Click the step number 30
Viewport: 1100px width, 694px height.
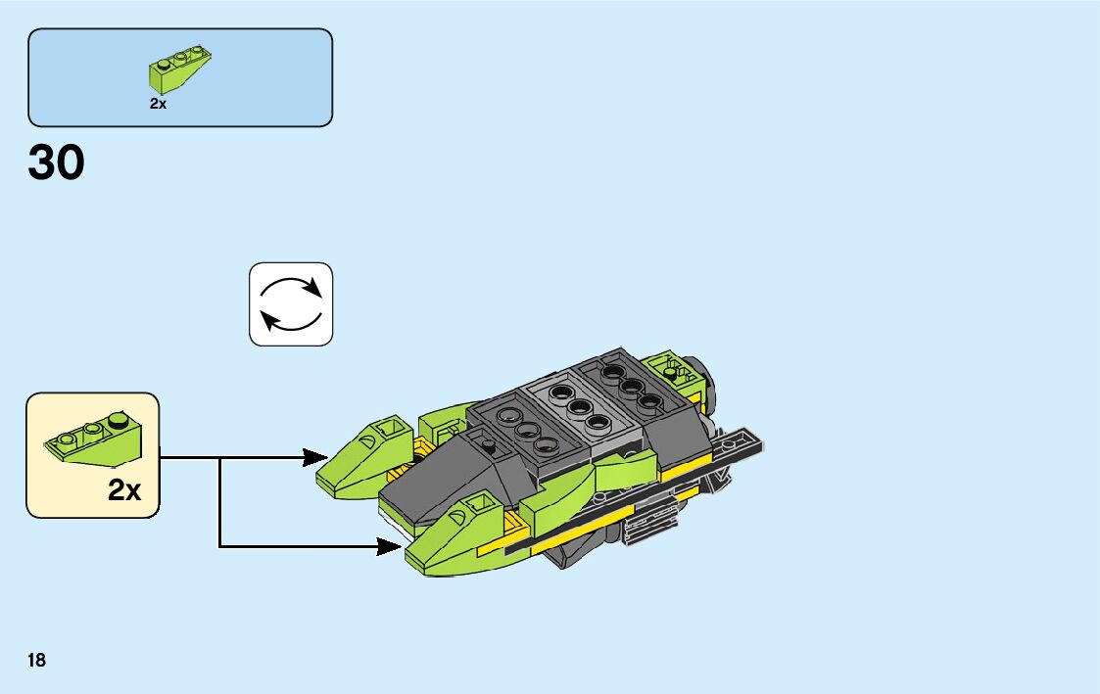click(x=57, y=163)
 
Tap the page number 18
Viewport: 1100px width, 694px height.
click(x=37, y=661)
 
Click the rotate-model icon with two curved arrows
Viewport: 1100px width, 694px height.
click(x=291, y=303)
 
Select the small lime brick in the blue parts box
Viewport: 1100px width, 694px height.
click(x=179, y=68)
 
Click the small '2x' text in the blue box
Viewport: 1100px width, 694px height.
click(x=159, y=103)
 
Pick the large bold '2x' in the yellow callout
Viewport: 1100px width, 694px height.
click(x=124, y=490)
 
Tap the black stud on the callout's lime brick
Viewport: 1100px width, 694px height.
click(x=119, y=421)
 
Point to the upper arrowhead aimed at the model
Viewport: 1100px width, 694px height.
click(x=315, y=457)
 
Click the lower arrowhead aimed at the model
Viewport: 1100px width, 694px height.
click(x=389, y=546)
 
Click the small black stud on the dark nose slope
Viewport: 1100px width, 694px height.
click(x=488, y=445)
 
